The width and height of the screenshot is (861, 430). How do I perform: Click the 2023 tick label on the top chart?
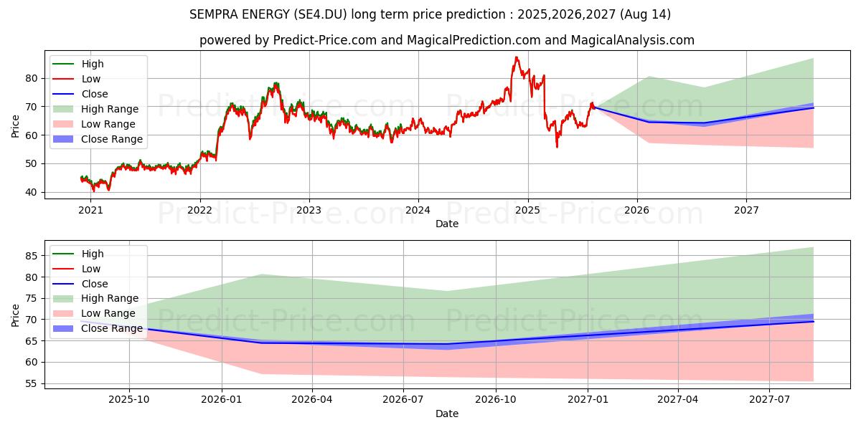[309, 210]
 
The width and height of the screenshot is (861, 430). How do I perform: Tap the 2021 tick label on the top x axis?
[90, 210]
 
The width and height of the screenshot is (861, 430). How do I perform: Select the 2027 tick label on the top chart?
[746, 210]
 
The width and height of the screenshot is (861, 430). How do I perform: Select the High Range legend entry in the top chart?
[110, 109]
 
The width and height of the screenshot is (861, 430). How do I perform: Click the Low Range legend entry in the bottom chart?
[108, 313]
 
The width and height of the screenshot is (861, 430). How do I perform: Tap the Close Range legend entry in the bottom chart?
[112, 328]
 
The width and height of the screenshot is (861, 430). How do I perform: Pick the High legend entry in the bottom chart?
[93, 254]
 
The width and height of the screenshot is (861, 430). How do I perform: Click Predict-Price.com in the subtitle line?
[324, 40]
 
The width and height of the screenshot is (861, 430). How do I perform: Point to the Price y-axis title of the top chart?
[16, 126]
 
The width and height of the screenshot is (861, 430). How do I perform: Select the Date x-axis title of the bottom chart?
[446, 414]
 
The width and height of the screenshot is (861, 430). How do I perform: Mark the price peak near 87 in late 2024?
[516, 57]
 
